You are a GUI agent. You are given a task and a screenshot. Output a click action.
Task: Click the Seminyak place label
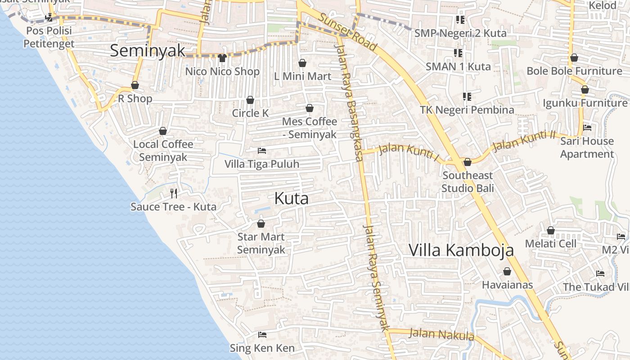148,51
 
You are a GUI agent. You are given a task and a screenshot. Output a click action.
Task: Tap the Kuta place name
291,198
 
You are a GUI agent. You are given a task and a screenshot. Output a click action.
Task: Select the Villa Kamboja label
461,250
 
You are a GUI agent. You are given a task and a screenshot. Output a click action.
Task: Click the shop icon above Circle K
250,100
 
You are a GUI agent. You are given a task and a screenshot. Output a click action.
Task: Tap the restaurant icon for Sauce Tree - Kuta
174,193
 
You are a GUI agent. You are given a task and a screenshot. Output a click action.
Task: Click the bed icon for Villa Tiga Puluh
262,151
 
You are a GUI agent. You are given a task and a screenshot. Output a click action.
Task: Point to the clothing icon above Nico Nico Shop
222,58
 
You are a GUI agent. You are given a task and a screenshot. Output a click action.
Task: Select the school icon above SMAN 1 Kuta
458,53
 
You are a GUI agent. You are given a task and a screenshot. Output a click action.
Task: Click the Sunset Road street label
348,31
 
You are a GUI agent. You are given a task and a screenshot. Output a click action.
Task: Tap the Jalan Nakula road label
441,334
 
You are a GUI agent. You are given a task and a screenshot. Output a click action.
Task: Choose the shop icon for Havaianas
507,271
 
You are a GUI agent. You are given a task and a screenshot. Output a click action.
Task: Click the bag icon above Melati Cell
551,230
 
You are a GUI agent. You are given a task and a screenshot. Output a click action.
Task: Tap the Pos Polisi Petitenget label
49,37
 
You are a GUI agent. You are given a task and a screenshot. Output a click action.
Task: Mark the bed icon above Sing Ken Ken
262,334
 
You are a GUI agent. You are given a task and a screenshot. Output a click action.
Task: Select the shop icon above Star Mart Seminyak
261,223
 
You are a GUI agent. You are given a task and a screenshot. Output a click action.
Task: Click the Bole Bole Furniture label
574,71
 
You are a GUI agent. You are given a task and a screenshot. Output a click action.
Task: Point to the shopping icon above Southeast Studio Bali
468,162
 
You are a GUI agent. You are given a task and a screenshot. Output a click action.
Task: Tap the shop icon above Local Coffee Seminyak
163,131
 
